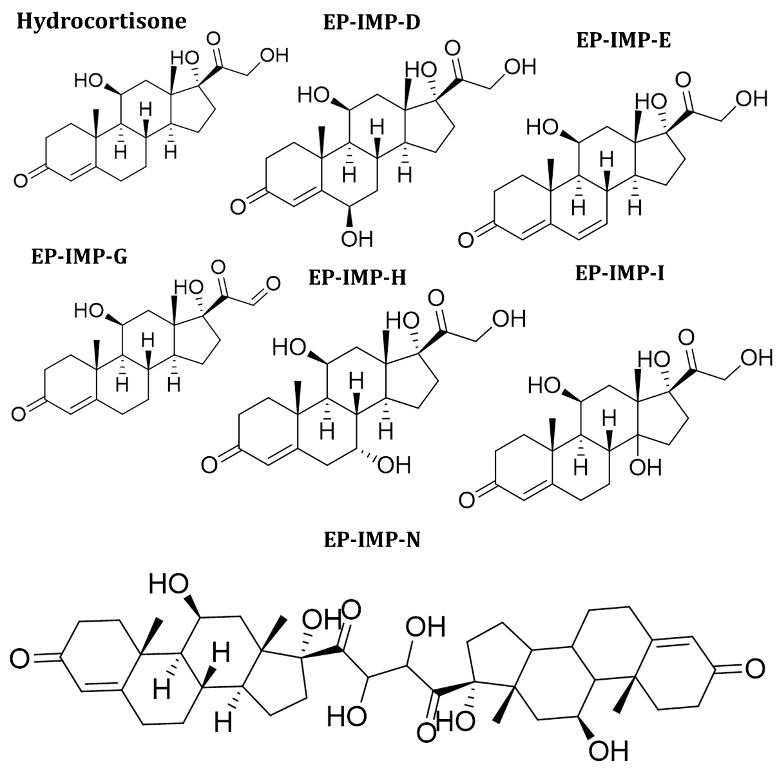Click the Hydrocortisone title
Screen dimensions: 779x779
101,21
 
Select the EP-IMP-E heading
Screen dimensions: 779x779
623,41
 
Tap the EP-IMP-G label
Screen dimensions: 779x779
79,256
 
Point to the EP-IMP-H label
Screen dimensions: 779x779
358,277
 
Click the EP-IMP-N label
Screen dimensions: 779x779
372,539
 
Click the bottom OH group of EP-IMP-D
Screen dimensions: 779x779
357,239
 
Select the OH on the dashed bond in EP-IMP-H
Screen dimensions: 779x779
394,464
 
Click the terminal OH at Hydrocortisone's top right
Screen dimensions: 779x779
273,55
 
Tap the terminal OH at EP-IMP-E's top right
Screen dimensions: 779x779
751,99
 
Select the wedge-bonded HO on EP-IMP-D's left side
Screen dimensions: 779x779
314,96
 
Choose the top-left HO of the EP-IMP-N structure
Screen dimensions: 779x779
169,584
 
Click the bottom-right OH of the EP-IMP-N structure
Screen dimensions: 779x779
608,751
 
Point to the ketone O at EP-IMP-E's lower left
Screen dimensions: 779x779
466,240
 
